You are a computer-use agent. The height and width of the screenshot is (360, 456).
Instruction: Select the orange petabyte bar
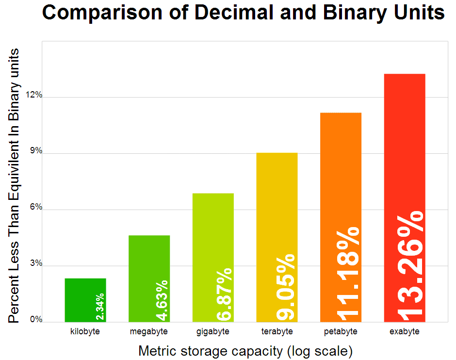341,170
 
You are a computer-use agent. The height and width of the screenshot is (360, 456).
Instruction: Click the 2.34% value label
100,307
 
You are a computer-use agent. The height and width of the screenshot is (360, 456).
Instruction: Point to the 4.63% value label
162,301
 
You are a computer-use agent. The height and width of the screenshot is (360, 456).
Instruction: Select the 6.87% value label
224,295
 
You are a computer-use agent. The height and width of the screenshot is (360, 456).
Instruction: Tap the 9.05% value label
286,287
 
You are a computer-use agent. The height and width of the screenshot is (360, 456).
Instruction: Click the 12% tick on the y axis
34,96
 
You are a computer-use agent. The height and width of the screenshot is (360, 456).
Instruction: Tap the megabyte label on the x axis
149,332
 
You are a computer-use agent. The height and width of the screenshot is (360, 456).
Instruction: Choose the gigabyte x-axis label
213,332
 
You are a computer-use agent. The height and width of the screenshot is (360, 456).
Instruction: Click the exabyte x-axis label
404,332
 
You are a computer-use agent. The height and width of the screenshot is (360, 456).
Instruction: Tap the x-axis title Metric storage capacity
210,351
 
